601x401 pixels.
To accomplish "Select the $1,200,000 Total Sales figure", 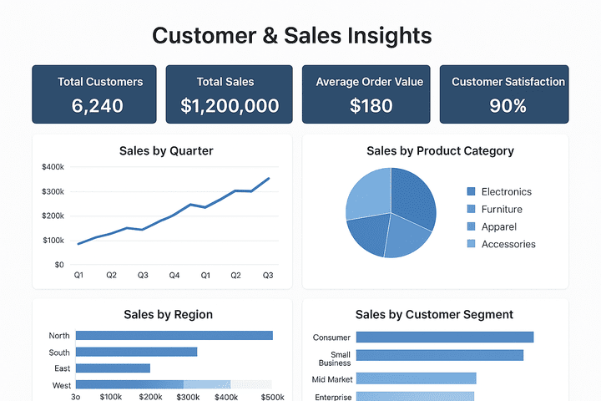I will [230, 106].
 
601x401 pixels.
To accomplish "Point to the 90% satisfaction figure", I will [508, 106].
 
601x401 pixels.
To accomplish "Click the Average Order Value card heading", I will [369, 82].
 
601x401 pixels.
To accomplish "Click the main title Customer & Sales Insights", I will [292, 35].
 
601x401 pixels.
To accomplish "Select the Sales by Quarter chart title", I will [166, 151].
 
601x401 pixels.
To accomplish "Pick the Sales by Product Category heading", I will [440, 151].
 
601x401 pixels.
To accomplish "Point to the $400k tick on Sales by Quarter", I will [53, 167].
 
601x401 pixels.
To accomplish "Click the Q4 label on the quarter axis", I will [174, 275].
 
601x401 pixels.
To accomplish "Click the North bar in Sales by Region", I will [174, 335].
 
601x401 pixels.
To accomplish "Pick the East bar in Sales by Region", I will [113, 368].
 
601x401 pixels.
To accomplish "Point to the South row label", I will [59, 352].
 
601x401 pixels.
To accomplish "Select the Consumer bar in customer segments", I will [444, 338].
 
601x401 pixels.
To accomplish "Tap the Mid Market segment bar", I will [416, 378].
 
